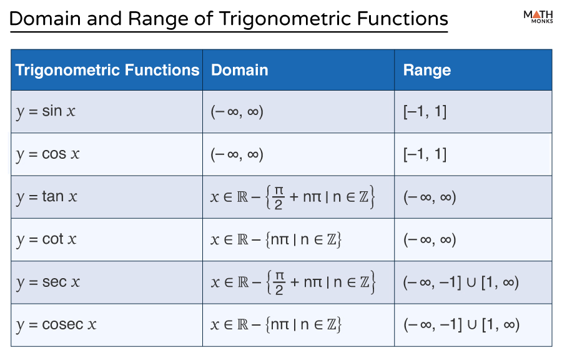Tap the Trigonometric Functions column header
(x=107, y=70)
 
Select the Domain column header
(x=240, y=70)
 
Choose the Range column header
(x=426, y=70)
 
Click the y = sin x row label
(x=46, y=112)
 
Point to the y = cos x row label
(x=48, y=154)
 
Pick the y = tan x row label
(x=47, y=197)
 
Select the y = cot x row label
(x=47, y=239)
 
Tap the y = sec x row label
(x=48, y=282)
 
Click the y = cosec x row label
(x=56, y=324)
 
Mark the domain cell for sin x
(x=237, y=112)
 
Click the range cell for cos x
(x=425, y=154)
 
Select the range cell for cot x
(x=430, y=239)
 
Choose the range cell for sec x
(x=461, y=282)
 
